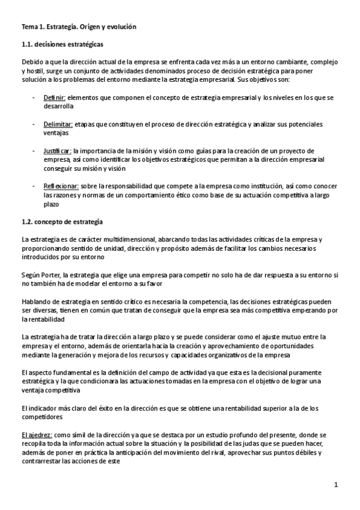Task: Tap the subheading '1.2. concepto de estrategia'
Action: tap(62, 221)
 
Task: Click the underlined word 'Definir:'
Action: tap(55, 97)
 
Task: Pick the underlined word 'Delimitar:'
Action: tap(58, 124)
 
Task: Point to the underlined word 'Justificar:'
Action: tap(58, 150)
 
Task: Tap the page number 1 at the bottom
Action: tap(337, 485)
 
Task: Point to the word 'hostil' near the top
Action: tap(36, 71)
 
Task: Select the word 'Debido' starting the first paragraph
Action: tap(33, 62)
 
